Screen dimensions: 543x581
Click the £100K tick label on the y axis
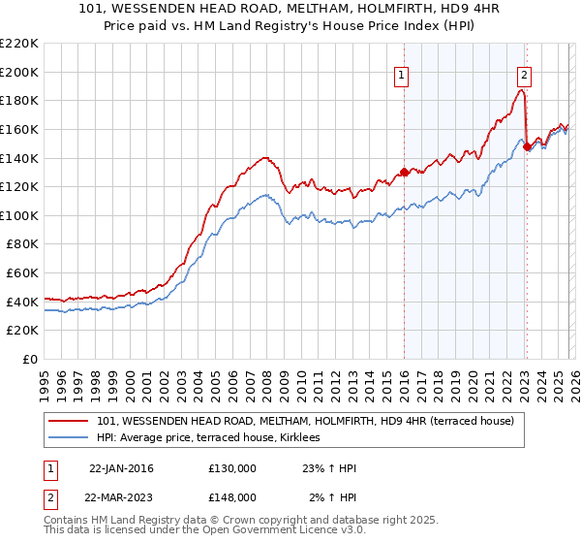(19, 215)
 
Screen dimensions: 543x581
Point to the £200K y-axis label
(19, 72)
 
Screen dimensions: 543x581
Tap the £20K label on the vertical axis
(22, 331)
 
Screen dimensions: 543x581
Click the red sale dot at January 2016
(403, 173)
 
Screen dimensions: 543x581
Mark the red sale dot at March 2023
(526, 146)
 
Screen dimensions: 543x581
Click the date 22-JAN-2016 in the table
(121, 468)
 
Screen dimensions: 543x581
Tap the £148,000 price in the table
(232, 496)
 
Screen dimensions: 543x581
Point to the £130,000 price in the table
(232, 468)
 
